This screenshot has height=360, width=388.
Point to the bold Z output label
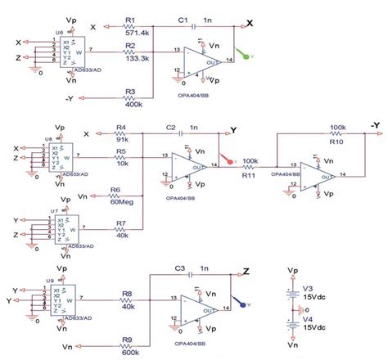point(246,270)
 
